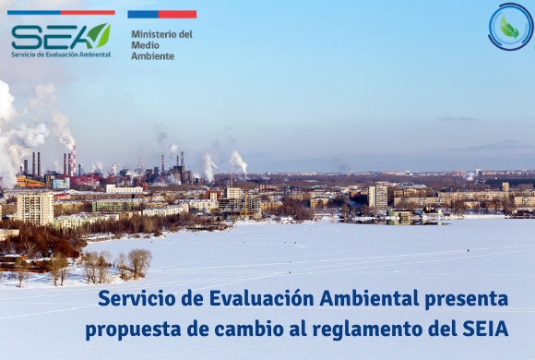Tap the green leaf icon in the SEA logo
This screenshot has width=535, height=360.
[99, 35]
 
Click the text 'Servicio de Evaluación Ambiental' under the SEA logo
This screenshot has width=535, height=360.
[61, 54]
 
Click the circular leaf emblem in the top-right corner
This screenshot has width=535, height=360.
[510, 27]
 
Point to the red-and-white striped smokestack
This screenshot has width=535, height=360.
[71, 162]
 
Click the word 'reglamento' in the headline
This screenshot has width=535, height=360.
[341, 330]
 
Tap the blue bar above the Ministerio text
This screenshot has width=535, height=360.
[143, 15]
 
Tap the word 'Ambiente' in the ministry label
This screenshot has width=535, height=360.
[153, 56]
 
